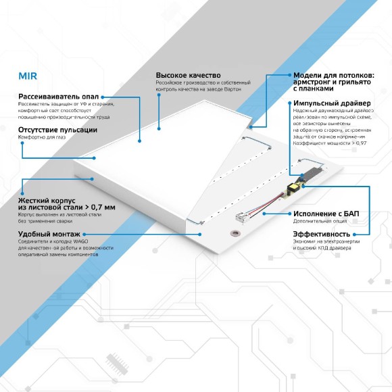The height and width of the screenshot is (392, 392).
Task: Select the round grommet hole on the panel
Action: pyautogui.click(x=235, y=233)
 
